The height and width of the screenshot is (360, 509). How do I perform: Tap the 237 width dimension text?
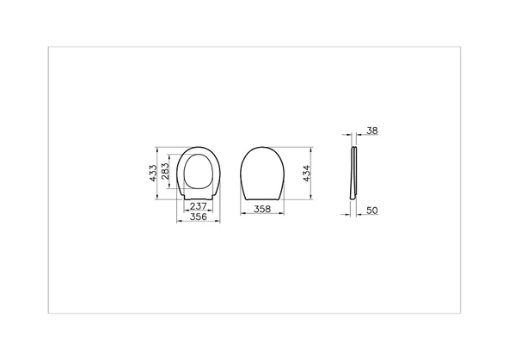198,206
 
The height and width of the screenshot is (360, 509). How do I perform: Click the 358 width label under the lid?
264,209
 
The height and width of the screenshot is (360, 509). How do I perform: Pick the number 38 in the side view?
371,131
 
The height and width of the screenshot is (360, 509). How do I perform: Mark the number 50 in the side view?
371,210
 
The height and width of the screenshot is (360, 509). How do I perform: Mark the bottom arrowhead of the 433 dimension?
158,198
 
